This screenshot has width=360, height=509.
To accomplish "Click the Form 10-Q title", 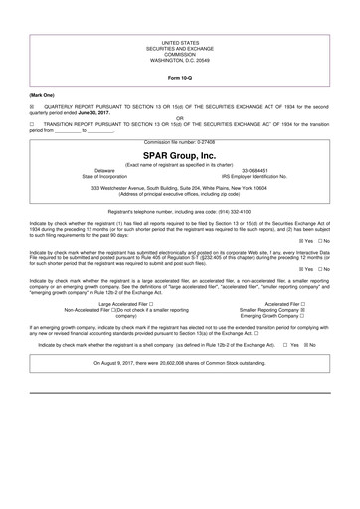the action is [180, 76].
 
